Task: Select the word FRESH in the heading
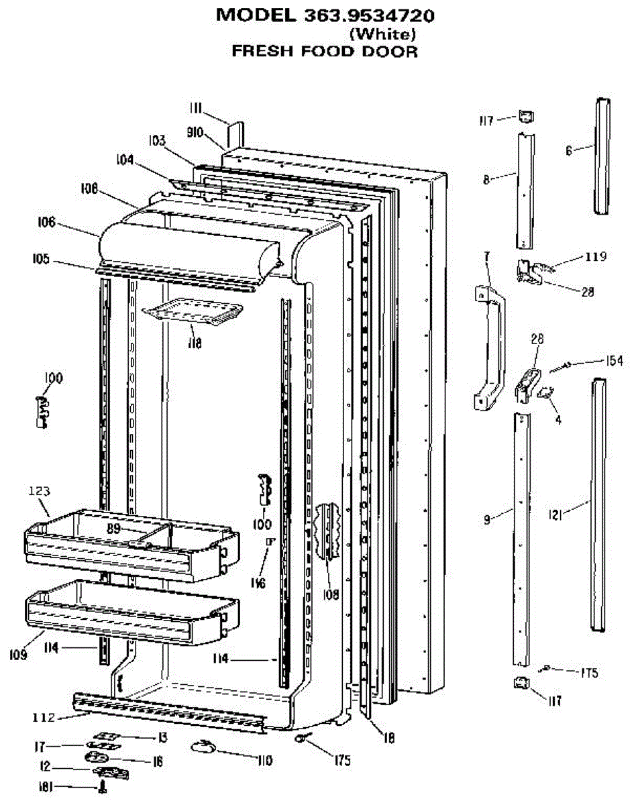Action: (263, 51)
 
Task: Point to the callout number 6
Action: (569, 152)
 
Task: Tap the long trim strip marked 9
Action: (521, 537)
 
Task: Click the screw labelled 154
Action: (560, 366)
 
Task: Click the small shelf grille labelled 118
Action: (193, 313)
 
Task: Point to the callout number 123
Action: (39, 492)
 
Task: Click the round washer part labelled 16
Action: (96, 757)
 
